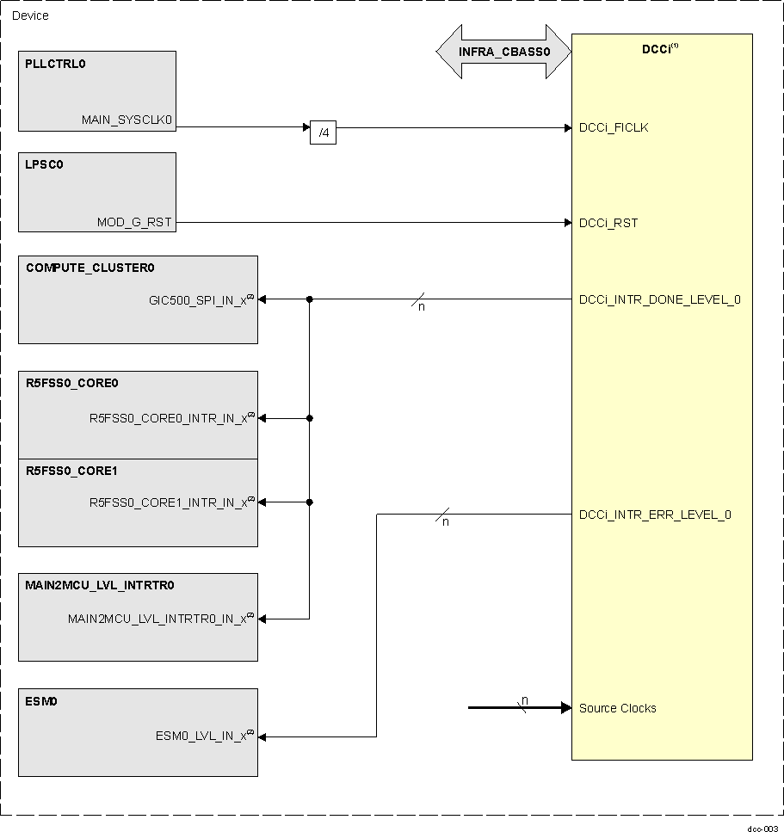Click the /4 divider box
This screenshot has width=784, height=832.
pos(323,133)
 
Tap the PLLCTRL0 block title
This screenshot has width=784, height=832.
pos(56,64)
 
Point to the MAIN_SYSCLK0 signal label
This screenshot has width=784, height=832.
pos(127,120)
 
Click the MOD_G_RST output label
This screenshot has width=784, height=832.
pos(134,223)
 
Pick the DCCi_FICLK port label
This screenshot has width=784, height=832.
pos(614,127)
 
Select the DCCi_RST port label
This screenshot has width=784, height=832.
pos(608,223)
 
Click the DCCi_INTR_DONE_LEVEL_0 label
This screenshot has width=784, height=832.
pos(659,299)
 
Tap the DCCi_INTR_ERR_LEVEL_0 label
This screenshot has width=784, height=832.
pos(655,515)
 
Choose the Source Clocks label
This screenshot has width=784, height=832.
pos(617,708)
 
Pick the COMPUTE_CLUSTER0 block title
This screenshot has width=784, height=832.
pos(90,268)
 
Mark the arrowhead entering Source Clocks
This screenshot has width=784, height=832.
pos(566,708)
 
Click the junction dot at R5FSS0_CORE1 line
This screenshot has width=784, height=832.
pos(309,502)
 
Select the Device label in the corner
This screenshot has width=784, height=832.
pos(30,15)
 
